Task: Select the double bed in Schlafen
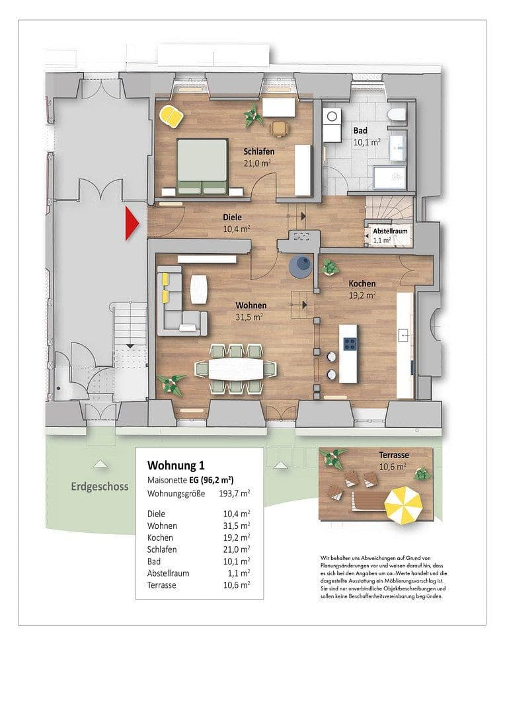click(202, 166)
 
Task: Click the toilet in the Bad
click(397, 115)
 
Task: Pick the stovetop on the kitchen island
click(350, 344)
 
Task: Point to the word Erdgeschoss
click(99, 487)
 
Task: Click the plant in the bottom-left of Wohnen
click(171, 383)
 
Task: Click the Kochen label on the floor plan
click(362, 284)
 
